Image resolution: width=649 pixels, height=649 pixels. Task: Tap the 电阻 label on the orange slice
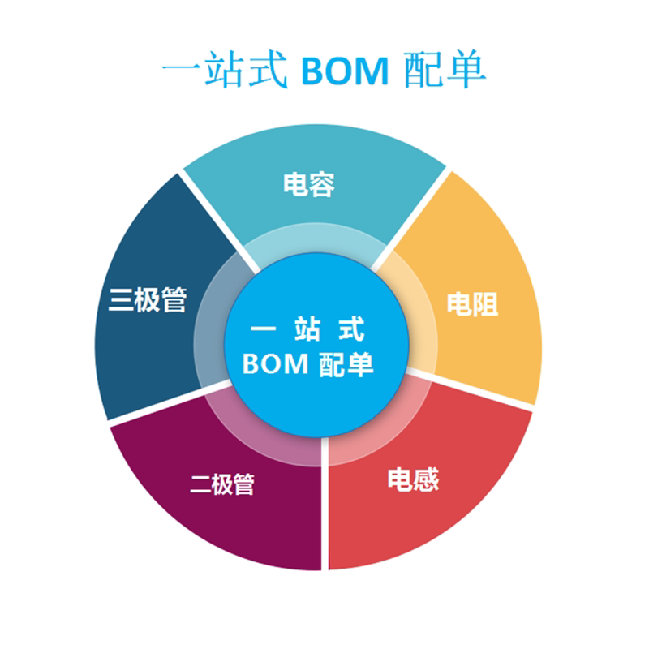(x=472, y=303)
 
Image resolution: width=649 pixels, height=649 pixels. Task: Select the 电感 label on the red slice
(x=412, y=479)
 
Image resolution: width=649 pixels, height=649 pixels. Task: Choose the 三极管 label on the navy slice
(x=148, y=299)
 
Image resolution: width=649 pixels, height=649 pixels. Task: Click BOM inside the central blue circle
(x=275, y=363)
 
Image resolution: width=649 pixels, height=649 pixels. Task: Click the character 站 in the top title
(x=223, y=72)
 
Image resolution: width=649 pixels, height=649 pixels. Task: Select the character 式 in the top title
(x=268, y=72)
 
